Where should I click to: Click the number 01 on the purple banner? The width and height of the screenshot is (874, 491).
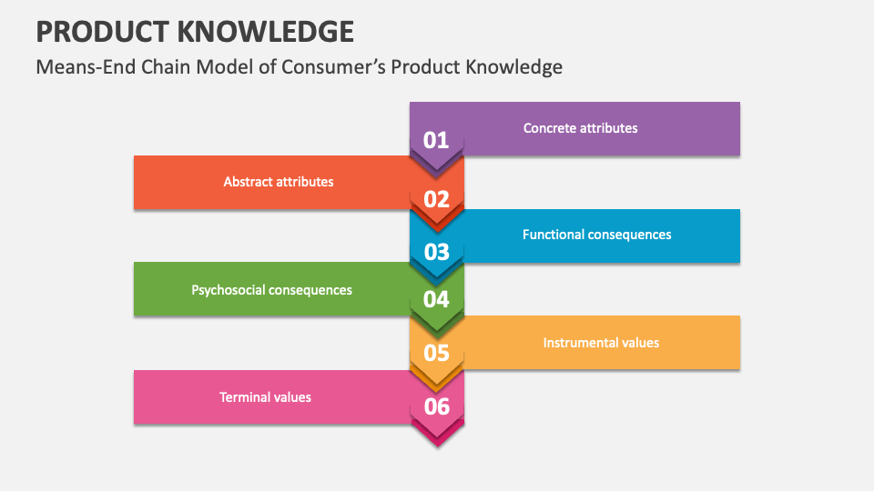436,140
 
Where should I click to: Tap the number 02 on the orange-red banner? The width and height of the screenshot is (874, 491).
436,199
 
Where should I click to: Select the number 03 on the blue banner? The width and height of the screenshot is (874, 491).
436,252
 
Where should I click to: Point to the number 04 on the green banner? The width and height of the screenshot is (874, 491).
436,299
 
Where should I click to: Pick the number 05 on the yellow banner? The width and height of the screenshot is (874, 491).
436,353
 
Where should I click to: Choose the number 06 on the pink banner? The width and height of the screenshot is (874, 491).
436,406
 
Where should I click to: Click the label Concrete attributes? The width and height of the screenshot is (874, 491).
580,128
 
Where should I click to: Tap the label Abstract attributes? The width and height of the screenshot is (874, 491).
279,182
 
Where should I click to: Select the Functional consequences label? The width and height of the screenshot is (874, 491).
597,235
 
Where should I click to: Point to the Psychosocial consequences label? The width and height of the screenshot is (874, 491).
271,290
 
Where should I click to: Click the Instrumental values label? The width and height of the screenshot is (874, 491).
601,343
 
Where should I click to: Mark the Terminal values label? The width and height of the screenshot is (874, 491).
265,397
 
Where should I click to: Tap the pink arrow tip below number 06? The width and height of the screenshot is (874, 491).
438,446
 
